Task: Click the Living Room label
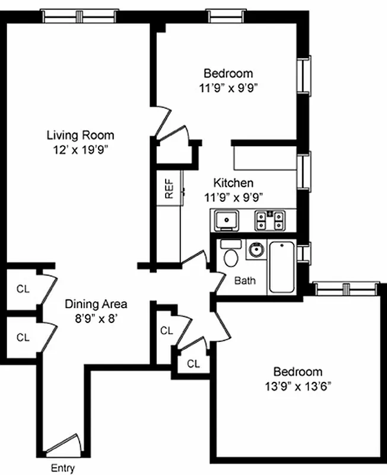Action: point(80,135)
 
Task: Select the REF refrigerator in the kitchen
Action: point(169,188)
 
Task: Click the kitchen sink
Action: point(226,220)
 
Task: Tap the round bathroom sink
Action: point(256,249)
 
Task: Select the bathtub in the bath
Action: point(282,267)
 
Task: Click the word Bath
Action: point(245,280)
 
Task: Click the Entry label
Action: point(62,468)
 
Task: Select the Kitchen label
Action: point(234,183)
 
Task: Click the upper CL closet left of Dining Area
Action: point(23,289)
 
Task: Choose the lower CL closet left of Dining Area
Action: point(23,337)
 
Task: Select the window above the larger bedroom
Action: point(346,289)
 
